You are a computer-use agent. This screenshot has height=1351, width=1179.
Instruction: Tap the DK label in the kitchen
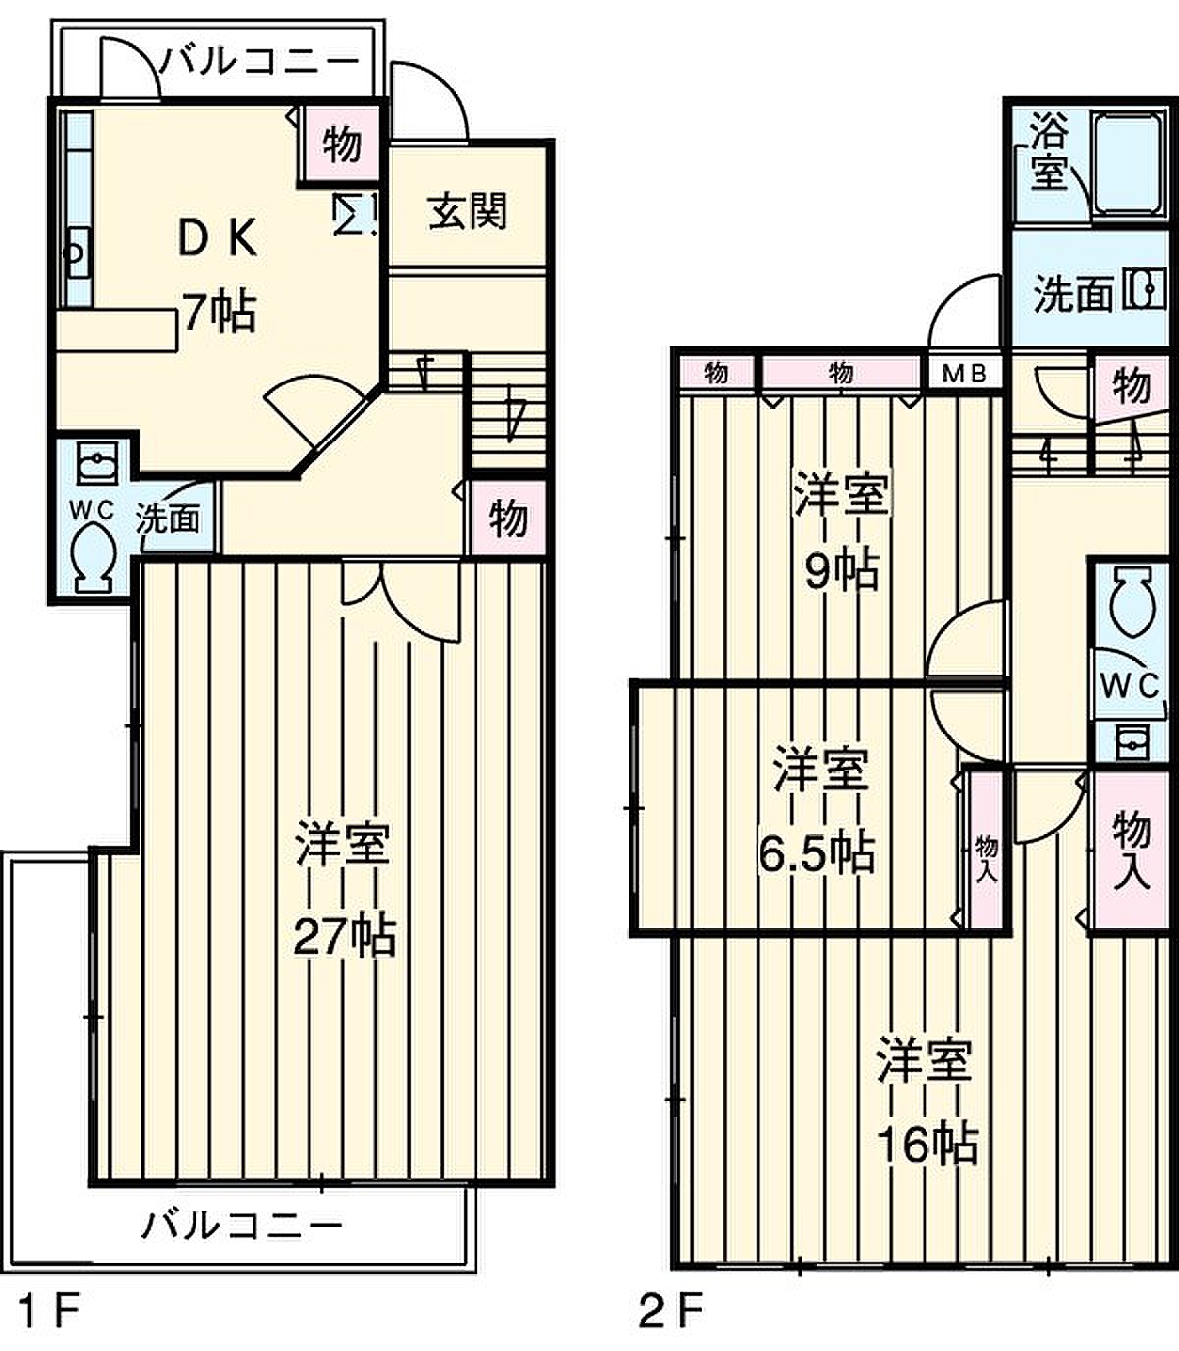pos(218,238)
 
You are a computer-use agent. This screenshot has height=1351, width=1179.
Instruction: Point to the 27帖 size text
pos(345,936)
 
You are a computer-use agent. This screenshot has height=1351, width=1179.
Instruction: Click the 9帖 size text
pos(842,571)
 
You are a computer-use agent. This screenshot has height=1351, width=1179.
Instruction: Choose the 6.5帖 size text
pos(816,853)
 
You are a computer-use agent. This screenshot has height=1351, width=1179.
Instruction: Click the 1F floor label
pos(47,1311)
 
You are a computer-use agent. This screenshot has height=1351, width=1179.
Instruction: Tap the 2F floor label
pos(670,1311)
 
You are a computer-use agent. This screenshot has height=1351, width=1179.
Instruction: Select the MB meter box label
pos(964,374)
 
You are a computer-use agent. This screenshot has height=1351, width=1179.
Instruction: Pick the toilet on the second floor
pos(1132,600)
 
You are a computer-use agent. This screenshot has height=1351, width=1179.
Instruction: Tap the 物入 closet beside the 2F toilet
pos(1131,852)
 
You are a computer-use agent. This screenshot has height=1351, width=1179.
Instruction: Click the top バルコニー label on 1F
pos(258,62)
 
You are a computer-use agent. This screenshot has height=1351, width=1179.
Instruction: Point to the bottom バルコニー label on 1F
pos(242,1227)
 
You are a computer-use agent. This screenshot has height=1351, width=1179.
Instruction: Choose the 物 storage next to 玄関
pos(341,144)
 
